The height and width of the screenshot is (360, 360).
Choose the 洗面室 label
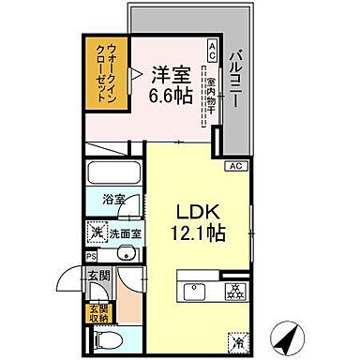[122, 232]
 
